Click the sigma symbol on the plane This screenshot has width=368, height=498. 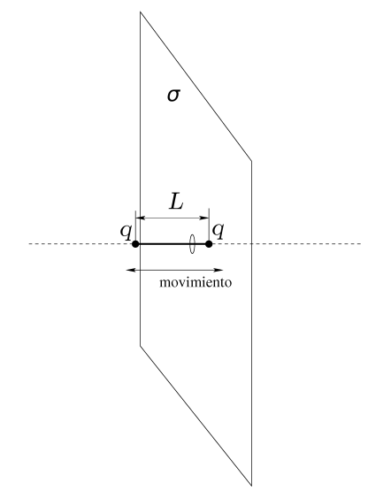tap(173, 95)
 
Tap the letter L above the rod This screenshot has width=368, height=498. tap(177, 202)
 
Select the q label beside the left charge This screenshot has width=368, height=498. tap(126, 230)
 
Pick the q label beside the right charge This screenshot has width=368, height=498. tap(218, 230)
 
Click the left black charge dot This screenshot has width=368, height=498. tap(135, 244)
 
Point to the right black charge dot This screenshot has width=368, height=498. tap(209, 244)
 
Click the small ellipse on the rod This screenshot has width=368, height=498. tap(192, 244)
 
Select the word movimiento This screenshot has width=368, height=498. tap(195, 282)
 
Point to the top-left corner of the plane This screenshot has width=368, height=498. tap(141, 12)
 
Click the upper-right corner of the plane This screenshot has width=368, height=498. tap(252, 161)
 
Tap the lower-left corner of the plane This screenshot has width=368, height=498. tap(141, 346)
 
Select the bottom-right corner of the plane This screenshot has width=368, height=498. tap(252, 486)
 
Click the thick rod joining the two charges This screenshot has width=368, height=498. tap(172, 244)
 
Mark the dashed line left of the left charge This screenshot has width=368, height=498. tap(80, 244)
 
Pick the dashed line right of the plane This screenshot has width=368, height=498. tap(307, 244)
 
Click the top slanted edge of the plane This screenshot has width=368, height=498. tap(195, 87)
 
